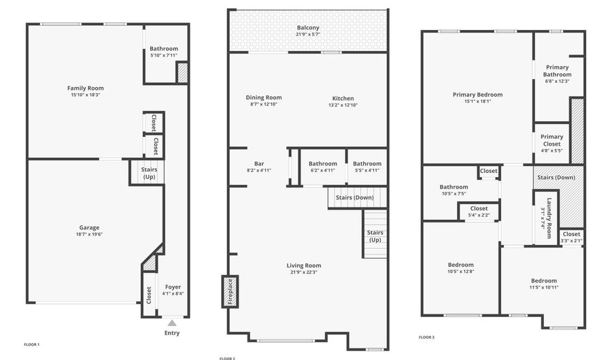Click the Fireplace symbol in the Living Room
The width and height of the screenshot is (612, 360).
(230, 291)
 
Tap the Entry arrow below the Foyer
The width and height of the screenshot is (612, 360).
(172, 323)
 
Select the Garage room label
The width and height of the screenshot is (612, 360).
(89, 228)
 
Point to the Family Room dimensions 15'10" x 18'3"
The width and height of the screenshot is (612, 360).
(86, 95)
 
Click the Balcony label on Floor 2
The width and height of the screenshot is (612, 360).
(308, 27)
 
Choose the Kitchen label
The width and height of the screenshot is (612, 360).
(343, 98)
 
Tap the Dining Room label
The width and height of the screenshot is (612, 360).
(264, 97)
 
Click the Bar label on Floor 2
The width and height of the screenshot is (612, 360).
(259, 163)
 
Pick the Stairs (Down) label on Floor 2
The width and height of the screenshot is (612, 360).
(354, 197)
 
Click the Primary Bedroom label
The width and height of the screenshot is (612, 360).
(477, 95)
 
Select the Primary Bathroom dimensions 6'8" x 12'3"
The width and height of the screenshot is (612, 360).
(557, 81)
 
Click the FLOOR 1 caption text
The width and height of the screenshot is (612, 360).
(32, 344)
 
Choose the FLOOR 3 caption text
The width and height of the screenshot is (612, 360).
(426, 337)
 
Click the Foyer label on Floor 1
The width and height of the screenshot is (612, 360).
(173, 287)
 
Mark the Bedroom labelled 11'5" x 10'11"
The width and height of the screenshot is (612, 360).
(543, 280)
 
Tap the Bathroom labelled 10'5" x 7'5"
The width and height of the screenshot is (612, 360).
(454, 187)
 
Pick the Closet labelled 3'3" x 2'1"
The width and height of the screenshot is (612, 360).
(571, 234)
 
